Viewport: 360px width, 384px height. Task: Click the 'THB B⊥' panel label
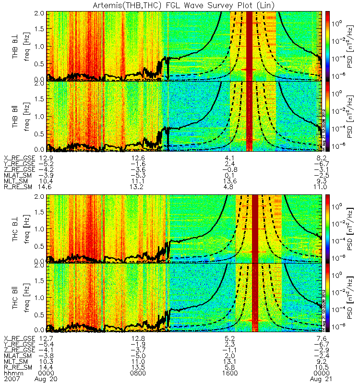coord(16,45)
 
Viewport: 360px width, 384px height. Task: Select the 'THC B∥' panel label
coord(16,298)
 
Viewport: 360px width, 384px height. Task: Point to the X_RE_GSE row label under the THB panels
coord(19,158)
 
